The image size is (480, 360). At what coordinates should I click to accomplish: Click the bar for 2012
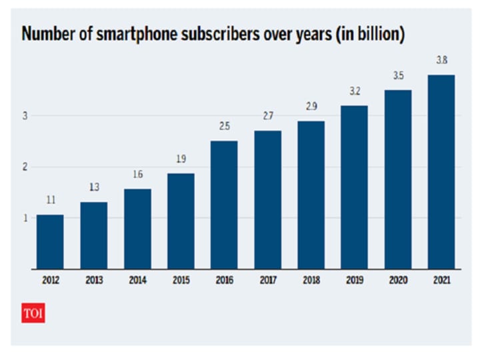pyautogui.click(x=50, y=242)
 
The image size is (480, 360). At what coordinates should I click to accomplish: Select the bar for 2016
pyautogui.click(x=223, y=205)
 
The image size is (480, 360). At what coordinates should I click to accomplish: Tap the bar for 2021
pyautogui.click(x=441, y=172)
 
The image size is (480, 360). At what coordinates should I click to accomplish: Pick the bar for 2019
pyautogui.click(x=354, y=187)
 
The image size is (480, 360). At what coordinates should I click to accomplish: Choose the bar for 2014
pyautogui.click(x=137, y=229)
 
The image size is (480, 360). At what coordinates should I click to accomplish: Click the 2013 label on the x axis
pyautogui.click(x=93, y=281)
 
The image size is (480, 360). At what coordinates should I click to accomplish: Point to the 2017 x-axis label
pyautogui.click(x=267, y=281)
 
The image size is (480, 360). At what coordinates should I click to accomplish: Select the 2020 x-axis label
pyautogui.click(x=398, y=281)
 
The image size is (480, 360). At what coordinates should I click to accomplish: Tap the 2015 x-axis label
pyautogui.click(x=180, y=281)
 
